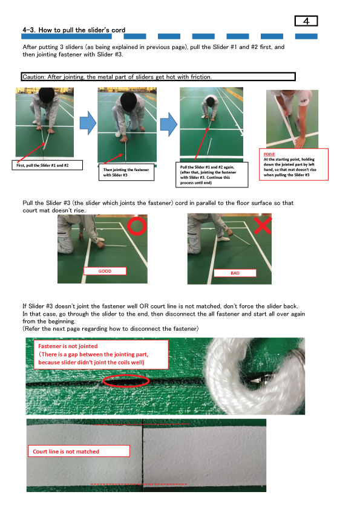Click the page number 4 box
click(306, 21)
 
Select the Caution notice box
click(158, 77)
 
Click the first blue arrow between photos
click(88, 123)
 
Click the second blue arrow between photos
click(168, 123)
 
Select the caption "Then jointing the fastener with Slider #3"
click(125, 173)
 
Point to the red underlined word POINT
click(269, 154)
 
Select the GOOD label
click(105, 271)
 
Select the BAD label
click(235, 273)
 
